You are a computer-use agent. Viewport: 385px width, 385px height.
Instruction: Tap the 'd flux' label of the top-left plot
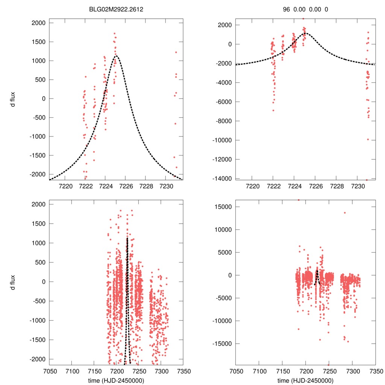(14, 99)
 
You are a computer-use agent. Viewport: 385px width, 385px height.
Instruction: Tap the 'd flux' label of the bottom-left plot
(14, 282)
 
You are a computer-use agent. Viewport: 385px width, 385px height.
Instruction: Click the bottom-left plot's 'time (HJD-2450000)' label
(116, 380)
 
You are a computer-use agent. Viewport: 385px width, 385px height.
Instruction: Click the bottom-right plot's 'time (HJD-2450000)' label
(306, 380)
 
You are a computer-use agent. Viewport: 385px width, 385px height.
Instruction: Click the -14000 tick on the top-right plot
(222, 178)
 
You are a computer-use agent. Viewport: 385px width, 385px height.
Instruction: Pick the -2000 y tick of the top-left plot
(37, 174)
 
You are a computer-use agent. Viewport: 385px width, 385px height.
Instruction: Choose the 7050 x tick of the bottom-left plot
(49, 371)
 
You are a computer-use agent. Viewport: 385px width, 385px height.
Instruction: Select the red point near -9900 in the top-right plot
(368, 139)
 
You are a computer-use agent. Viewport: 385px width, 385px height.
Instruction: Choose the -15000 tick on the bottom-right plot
(222, 344)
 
